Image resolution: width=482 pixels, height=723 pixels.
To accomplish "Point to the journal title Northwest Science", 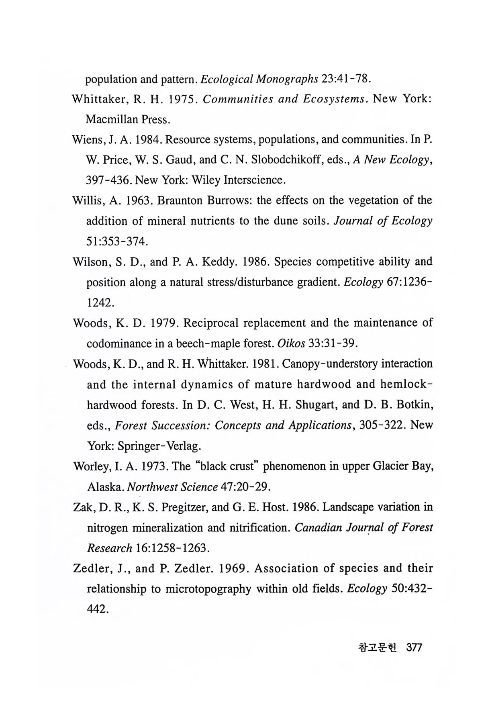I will click(172, 487).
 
